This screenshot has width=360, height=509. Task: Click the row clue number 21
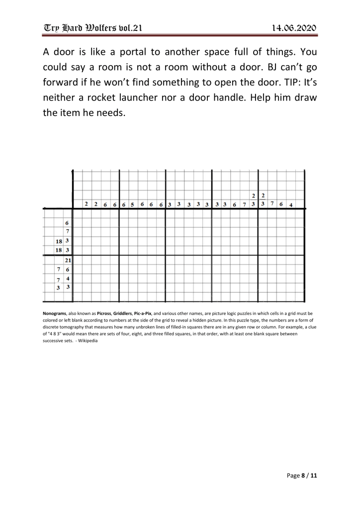(x=68, y=260)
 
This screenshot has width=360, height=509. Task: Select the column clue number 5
(x=132, y=204)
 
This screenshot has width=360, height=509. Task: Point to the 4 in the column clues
(x=291, y=204)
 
